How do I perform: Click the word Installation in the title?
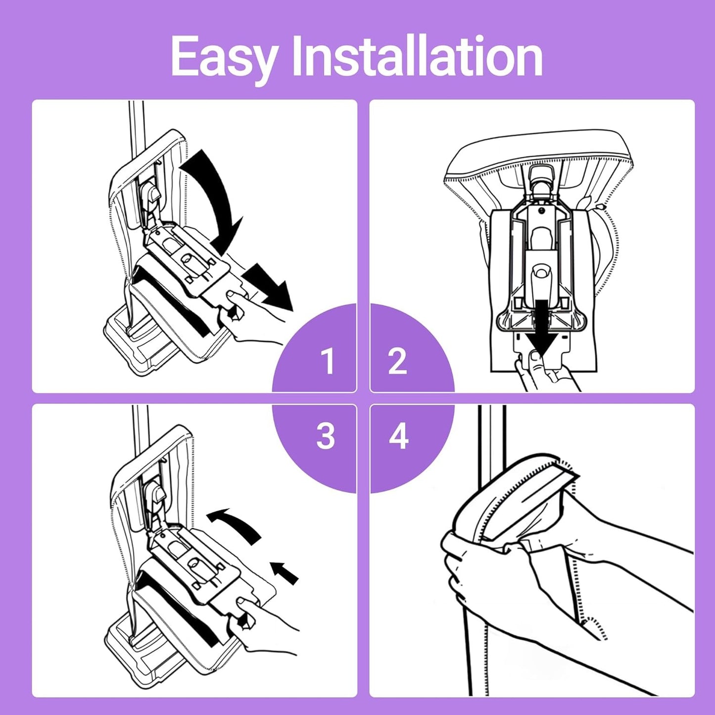click(418, 55)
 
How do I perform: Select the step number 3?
click(326, 436)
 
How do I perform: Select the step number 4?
click(398, 436)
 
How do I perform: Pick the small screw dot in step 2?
click(542, 212)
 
